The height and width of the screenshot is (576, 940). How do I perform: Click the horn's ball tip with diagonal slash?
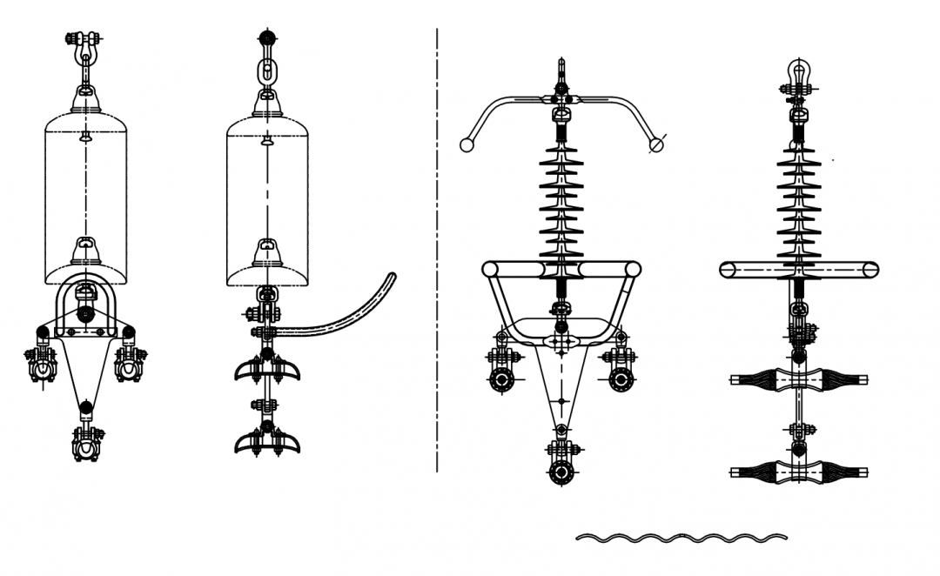point(657,144)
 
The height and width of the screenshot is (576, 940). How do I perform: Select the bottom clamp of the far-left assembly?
point(86,444)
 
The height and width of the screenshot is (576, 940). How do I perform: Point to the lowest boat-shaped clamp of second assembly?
point(267,441)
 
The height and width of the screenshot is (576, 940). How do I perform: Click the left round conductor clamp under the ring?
point(502,379)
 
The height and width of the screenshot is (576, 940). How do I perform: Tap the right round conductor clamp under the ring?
point(621,379)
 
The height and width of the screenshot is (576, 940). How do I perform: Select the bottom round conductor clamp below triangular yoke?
point(561,472)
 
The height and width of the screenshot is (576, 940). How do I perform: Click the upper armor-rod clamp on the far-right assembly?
point(799,379)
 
